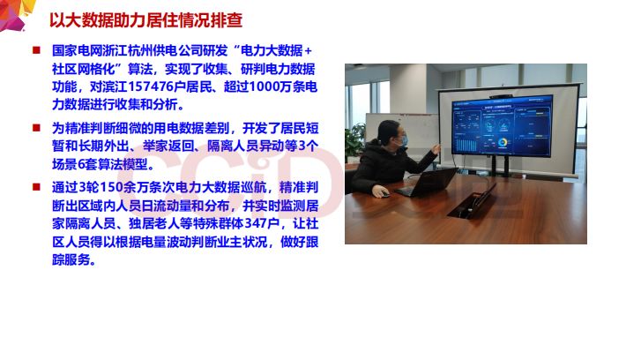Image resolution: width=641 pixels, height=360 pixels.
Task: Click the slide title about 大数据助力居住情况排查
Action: pyautogui.click(x=145, y=19)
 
